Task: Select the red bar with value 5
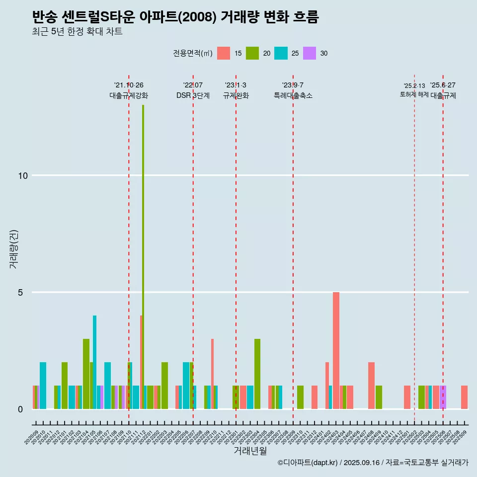pos(336,350)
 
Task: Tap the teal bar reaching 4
pos(94,362)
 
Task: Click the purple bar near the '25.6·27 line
pos(443,397)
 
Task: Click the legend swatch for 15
pos(224,53)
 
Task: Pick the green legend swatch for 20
pos(252,53)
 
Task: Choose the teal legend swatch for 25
pos(281,53)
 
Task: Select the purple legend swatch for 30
pos(310,53)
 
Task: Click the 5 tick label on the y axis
pos(20,292)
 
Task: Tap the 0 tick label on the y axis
pos(20,409)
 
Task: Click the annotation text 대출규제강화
pos(129,95)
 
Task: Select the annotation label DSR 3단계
pos(193,95)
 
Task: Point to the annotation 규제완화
pos(236,95)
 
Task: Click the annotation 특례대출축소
pos(293,95)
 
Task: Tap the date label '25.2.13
pos(414,86)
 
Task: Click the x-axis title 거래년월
pos(250,451)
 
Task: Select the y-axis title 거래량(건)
pos(13,249)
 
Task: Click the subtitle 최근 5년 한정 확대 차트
pos(77,32)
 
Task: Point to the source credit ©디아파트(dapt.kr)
pos(308,463)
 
